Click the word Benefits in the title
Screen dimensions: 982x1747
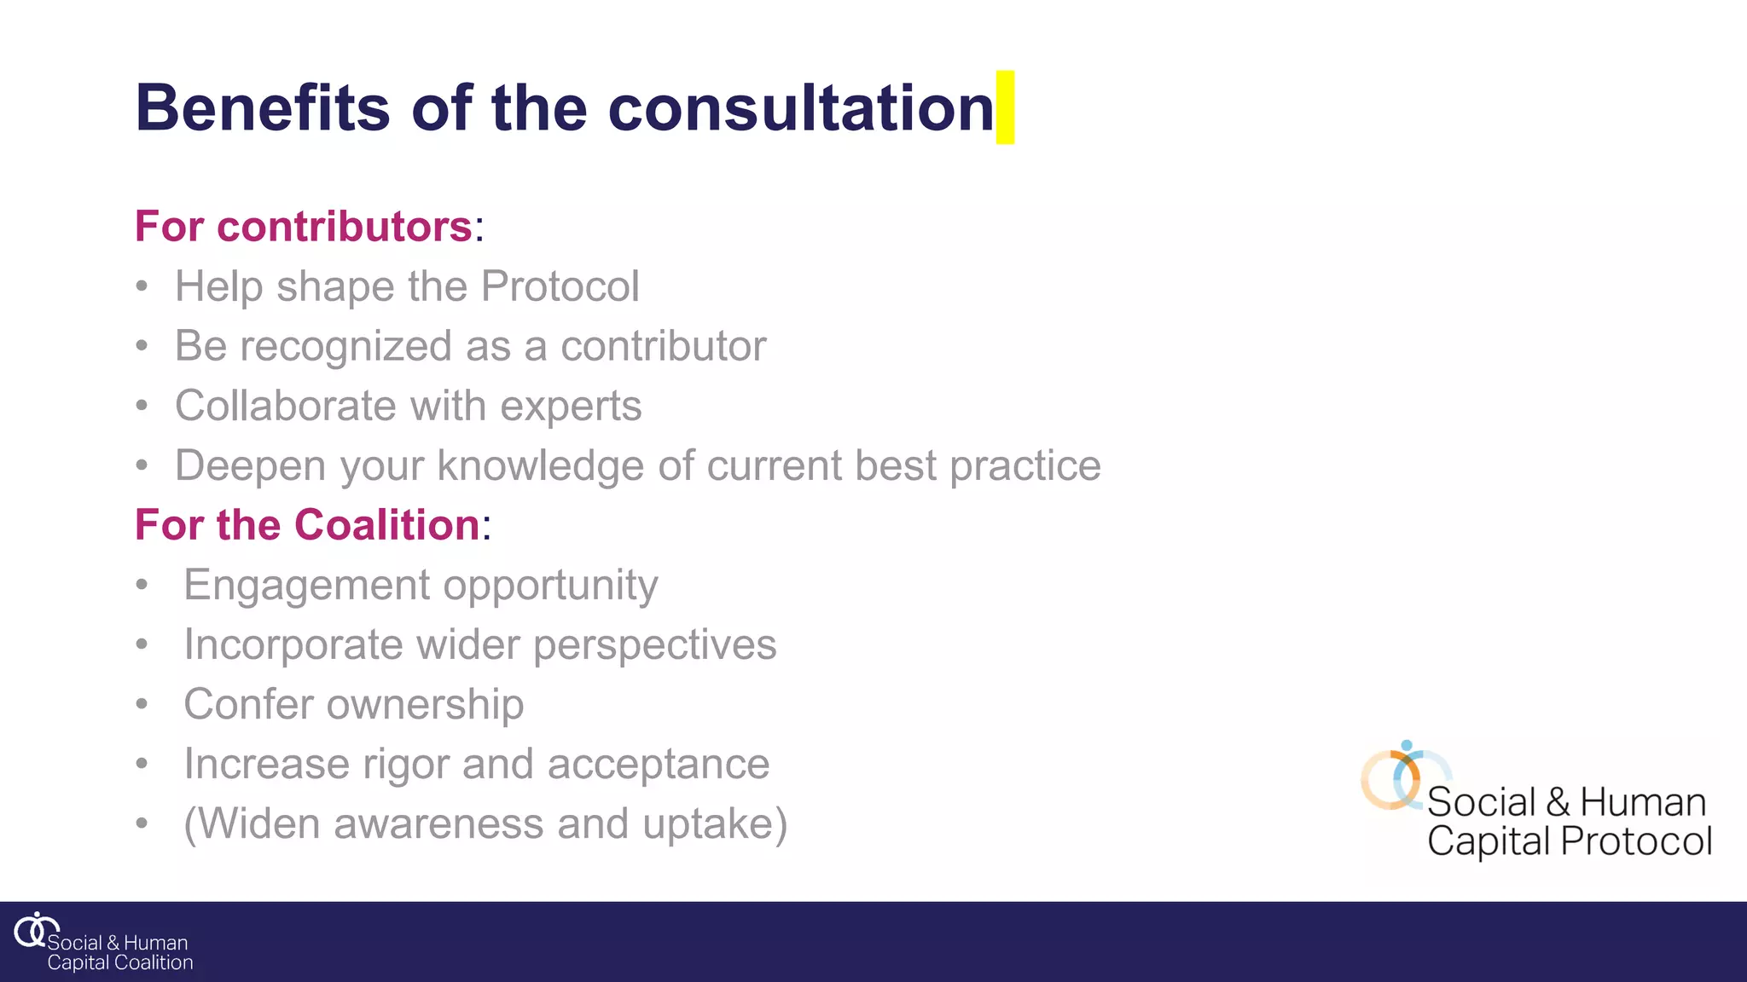pyautogui.click(x=263, y=108)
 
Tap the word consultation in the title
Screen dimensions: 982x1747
pyautogui.click(x=800, y=108)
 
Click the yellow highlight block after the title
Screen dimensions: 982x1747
pyautogui.click(x=1005, y=107)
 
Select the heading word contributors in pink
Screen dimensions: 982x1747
pyautogui.click(x=345, y=227)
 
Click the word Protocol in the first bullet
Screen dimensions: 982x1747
pyautogui.click(x=560, y=286)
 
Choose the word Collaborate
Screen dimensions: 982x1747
pyautogui.click(x=285, y=406)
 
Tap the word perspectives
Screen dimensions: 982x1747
pyautogui.click(x=654, y=645)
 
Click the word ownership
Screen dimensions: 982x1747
pyautogui.click(x=425, y=705)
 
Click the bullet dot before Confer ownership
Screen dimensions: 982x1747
pyautogui.click(x=142, y=705)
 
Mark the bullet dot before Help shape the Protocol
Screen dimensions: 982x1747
pyautogui.click(x=142, y=286)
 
